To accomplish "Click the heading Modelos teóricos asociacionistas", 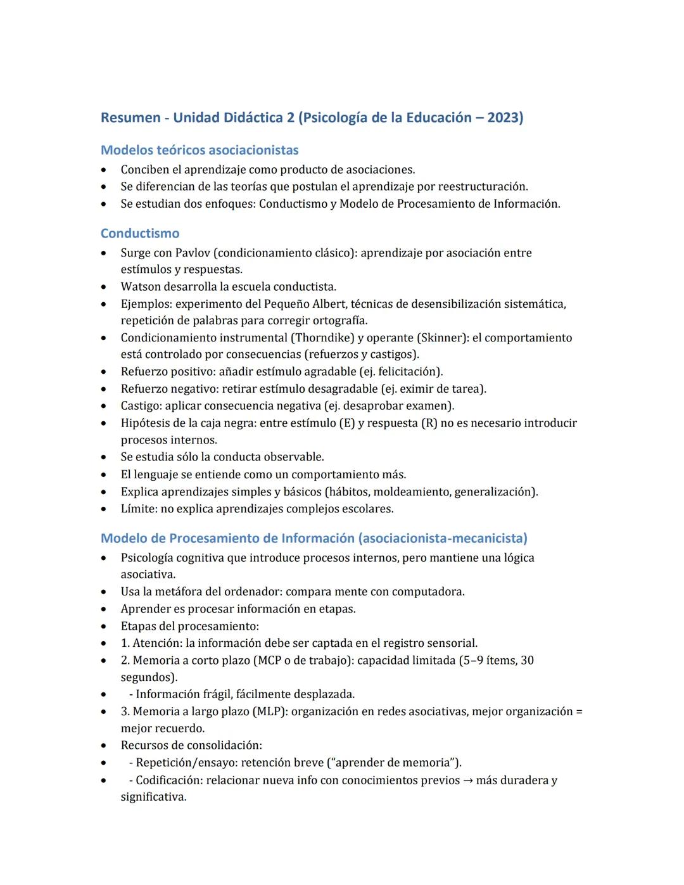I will tap(199, 150).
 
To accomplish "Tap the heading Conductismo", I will tap(140, 233).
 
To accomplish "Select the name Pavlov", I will tap(193, 253).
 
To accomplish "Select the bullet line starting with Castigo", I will tap(287, 405).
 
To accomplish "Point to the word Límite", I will tap(137, 509).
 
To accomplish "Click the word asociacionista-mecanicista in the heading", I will tap(443, 538).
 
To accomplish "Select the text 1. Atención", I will tap(151, 643).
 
